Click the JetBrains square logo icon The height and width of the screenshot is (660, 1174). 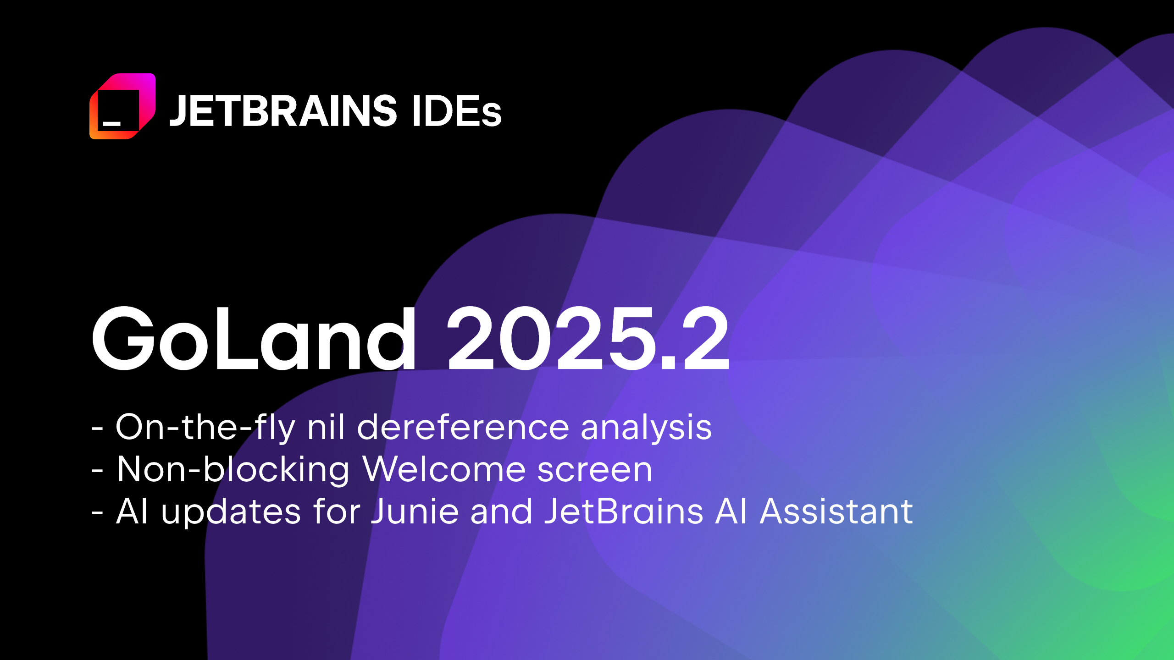[122, 106]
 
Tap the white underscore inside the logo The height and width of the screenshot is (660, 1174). [111, 123]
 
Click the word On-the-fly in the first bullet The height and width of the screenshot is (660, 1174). [205, 427]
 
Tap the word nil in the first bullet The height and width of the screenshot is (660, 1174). [326, 427]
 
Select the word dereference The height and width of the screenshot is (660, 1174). [463, 427]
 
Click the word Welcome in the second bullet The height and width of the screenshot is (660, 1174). [443, 469]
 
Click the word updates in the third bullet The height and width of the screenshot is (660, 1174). [231, 512]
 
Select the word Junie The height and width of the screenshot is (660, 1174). [415, 511]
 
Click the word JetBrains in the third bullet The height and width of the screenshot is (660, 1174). [624, 511]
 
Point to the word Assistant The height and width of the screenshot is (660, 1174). [836, 511]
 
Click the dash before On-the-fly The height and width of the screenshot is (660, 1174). [97, 429]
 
